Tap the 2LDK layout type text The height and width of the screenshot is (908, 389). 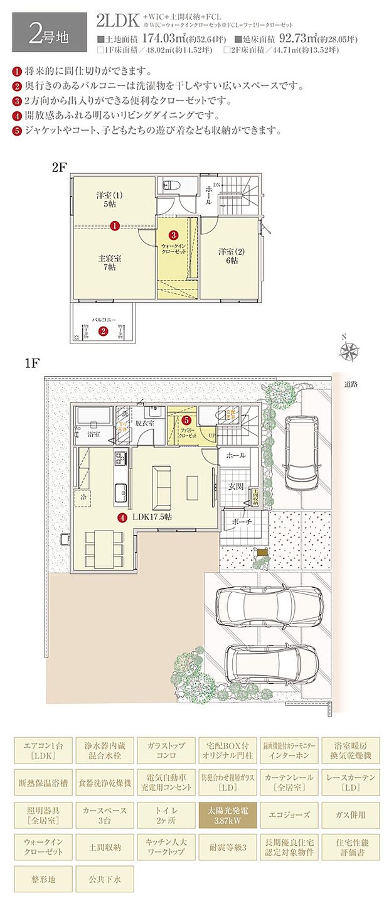pos(117,21)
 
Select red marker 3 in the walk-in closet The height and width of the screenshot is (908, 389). pos(173,235)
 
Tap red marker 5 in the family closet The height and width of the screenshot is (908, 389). pos(186,420)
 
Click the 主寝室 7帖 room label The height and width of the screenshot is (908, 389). pos(109,263)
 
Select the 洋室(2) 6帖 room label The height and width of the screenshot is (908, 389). pos(228,256)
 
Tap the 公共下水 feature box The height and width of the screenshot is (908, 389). pos(104,880)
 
